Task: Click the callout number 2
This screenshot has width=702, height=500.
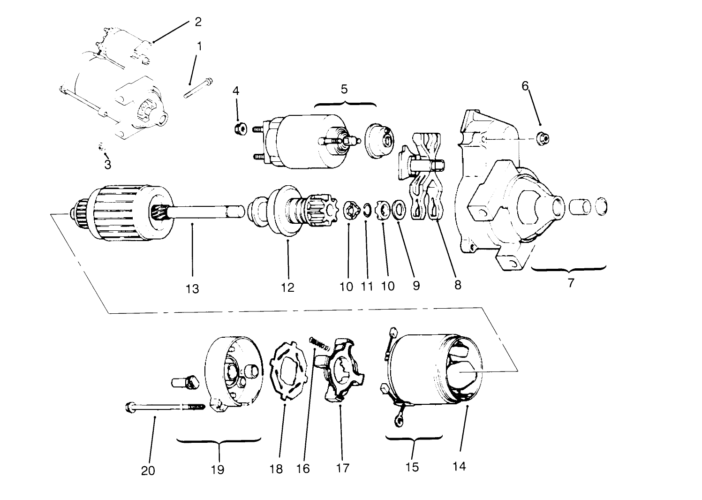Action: pos(198,22)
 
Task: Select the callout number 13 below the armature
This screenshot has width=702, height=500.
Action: pos(192,288)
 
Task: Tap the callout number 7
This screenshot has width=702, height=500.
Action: pos(571,283)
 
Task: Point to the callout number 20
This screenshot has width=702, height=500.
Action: pos(148,470)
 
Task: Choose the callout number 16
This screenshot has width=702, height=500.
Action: pos(303,469)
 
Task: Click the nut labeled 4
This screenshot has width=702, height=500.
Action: pos(239,129)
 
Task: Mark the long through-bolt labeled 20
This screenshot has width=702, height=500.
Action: pos(164,407)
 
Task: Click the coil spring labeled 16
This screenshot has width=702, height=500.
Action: pos(320,343)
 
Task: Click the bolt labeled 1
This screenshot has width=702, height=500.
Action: pos(197,89)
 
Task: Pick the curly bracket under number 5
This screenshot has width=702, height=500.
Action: pos(345,104)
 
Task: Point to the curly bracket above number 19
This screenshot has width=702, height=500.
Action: pos(219,440)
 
